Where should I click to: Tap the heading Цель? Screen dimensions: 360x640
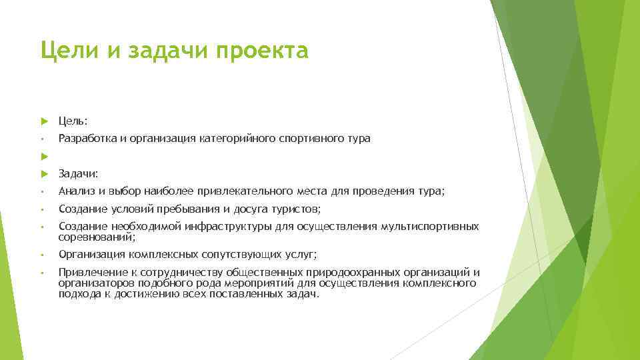pyautogui.click(x=73, y=121)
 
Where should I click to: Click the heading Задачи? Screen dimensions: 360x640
pyautogui.click(x=79, y=174)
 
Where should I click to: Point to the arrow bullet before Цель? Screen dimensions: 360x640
pyautogui.click(x=44, y=121)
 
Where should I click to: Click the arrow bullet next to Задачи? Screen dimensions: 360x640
pyautogui.click(x=44, y=174)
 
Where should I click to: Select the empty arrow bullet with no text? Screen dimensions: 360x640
pyautogui.click(x=44, y=156)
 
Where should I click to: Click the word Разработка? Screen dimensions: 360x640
pyautogui.click(x=85, y=139)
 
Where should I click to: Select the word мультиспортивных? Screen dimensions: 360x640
pyautogui.click(x=429, y=227)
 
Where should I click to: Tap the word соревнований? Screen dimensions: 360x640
pyautogui.click(x=95, y=237)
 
